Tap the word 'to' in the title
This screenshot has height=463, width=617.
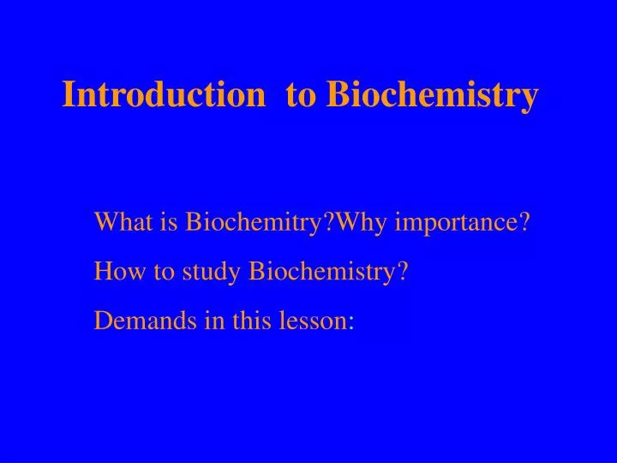[x=301, y=95]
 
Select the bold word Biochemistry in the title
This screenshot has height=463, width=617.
[x=433, y=95]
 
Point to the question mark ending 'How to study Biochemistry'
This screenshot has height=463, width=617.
[x=402, y=272]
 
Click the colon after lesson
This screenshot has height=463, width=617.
[x=351, y=323]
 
